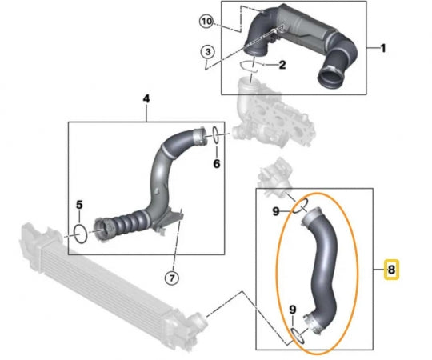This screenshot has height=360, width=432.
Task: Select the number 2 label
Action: point(281,64)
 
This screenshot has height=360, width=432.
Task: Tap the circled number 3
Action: point(208,53)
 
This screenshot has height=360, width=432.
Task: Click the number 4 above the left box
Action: point(146,98)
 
